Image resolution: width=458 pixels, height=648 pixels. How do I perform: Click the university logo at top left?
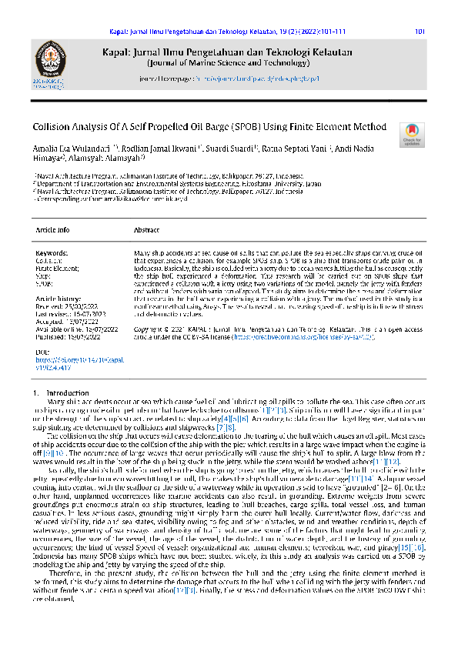[x=46, y=60]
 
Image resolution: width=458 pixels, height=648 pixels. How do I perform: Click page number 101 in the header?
[x=420, y=32]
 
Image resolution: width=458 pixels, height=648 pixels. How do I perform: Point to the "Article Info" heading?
[x=53, y=230]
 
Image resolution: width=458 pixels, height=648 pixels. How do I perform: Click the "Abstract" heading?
[x=146, y=230]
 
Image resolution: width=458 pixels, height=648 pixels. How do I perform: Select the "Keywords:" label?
[x=52, y=252]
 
